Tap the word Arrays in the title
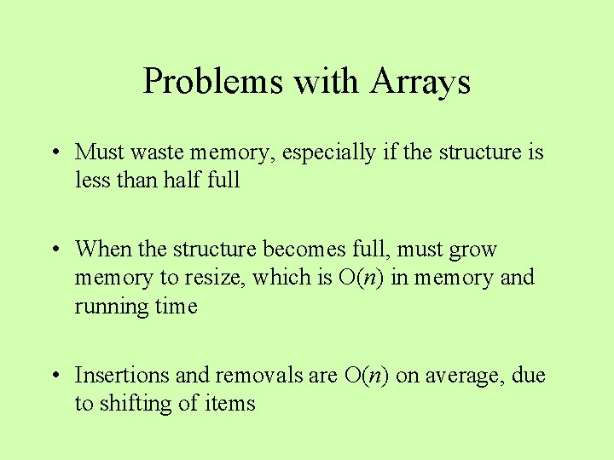[420, 82]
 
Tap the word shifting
[136, 404]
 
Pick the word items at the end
[230, 404]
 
